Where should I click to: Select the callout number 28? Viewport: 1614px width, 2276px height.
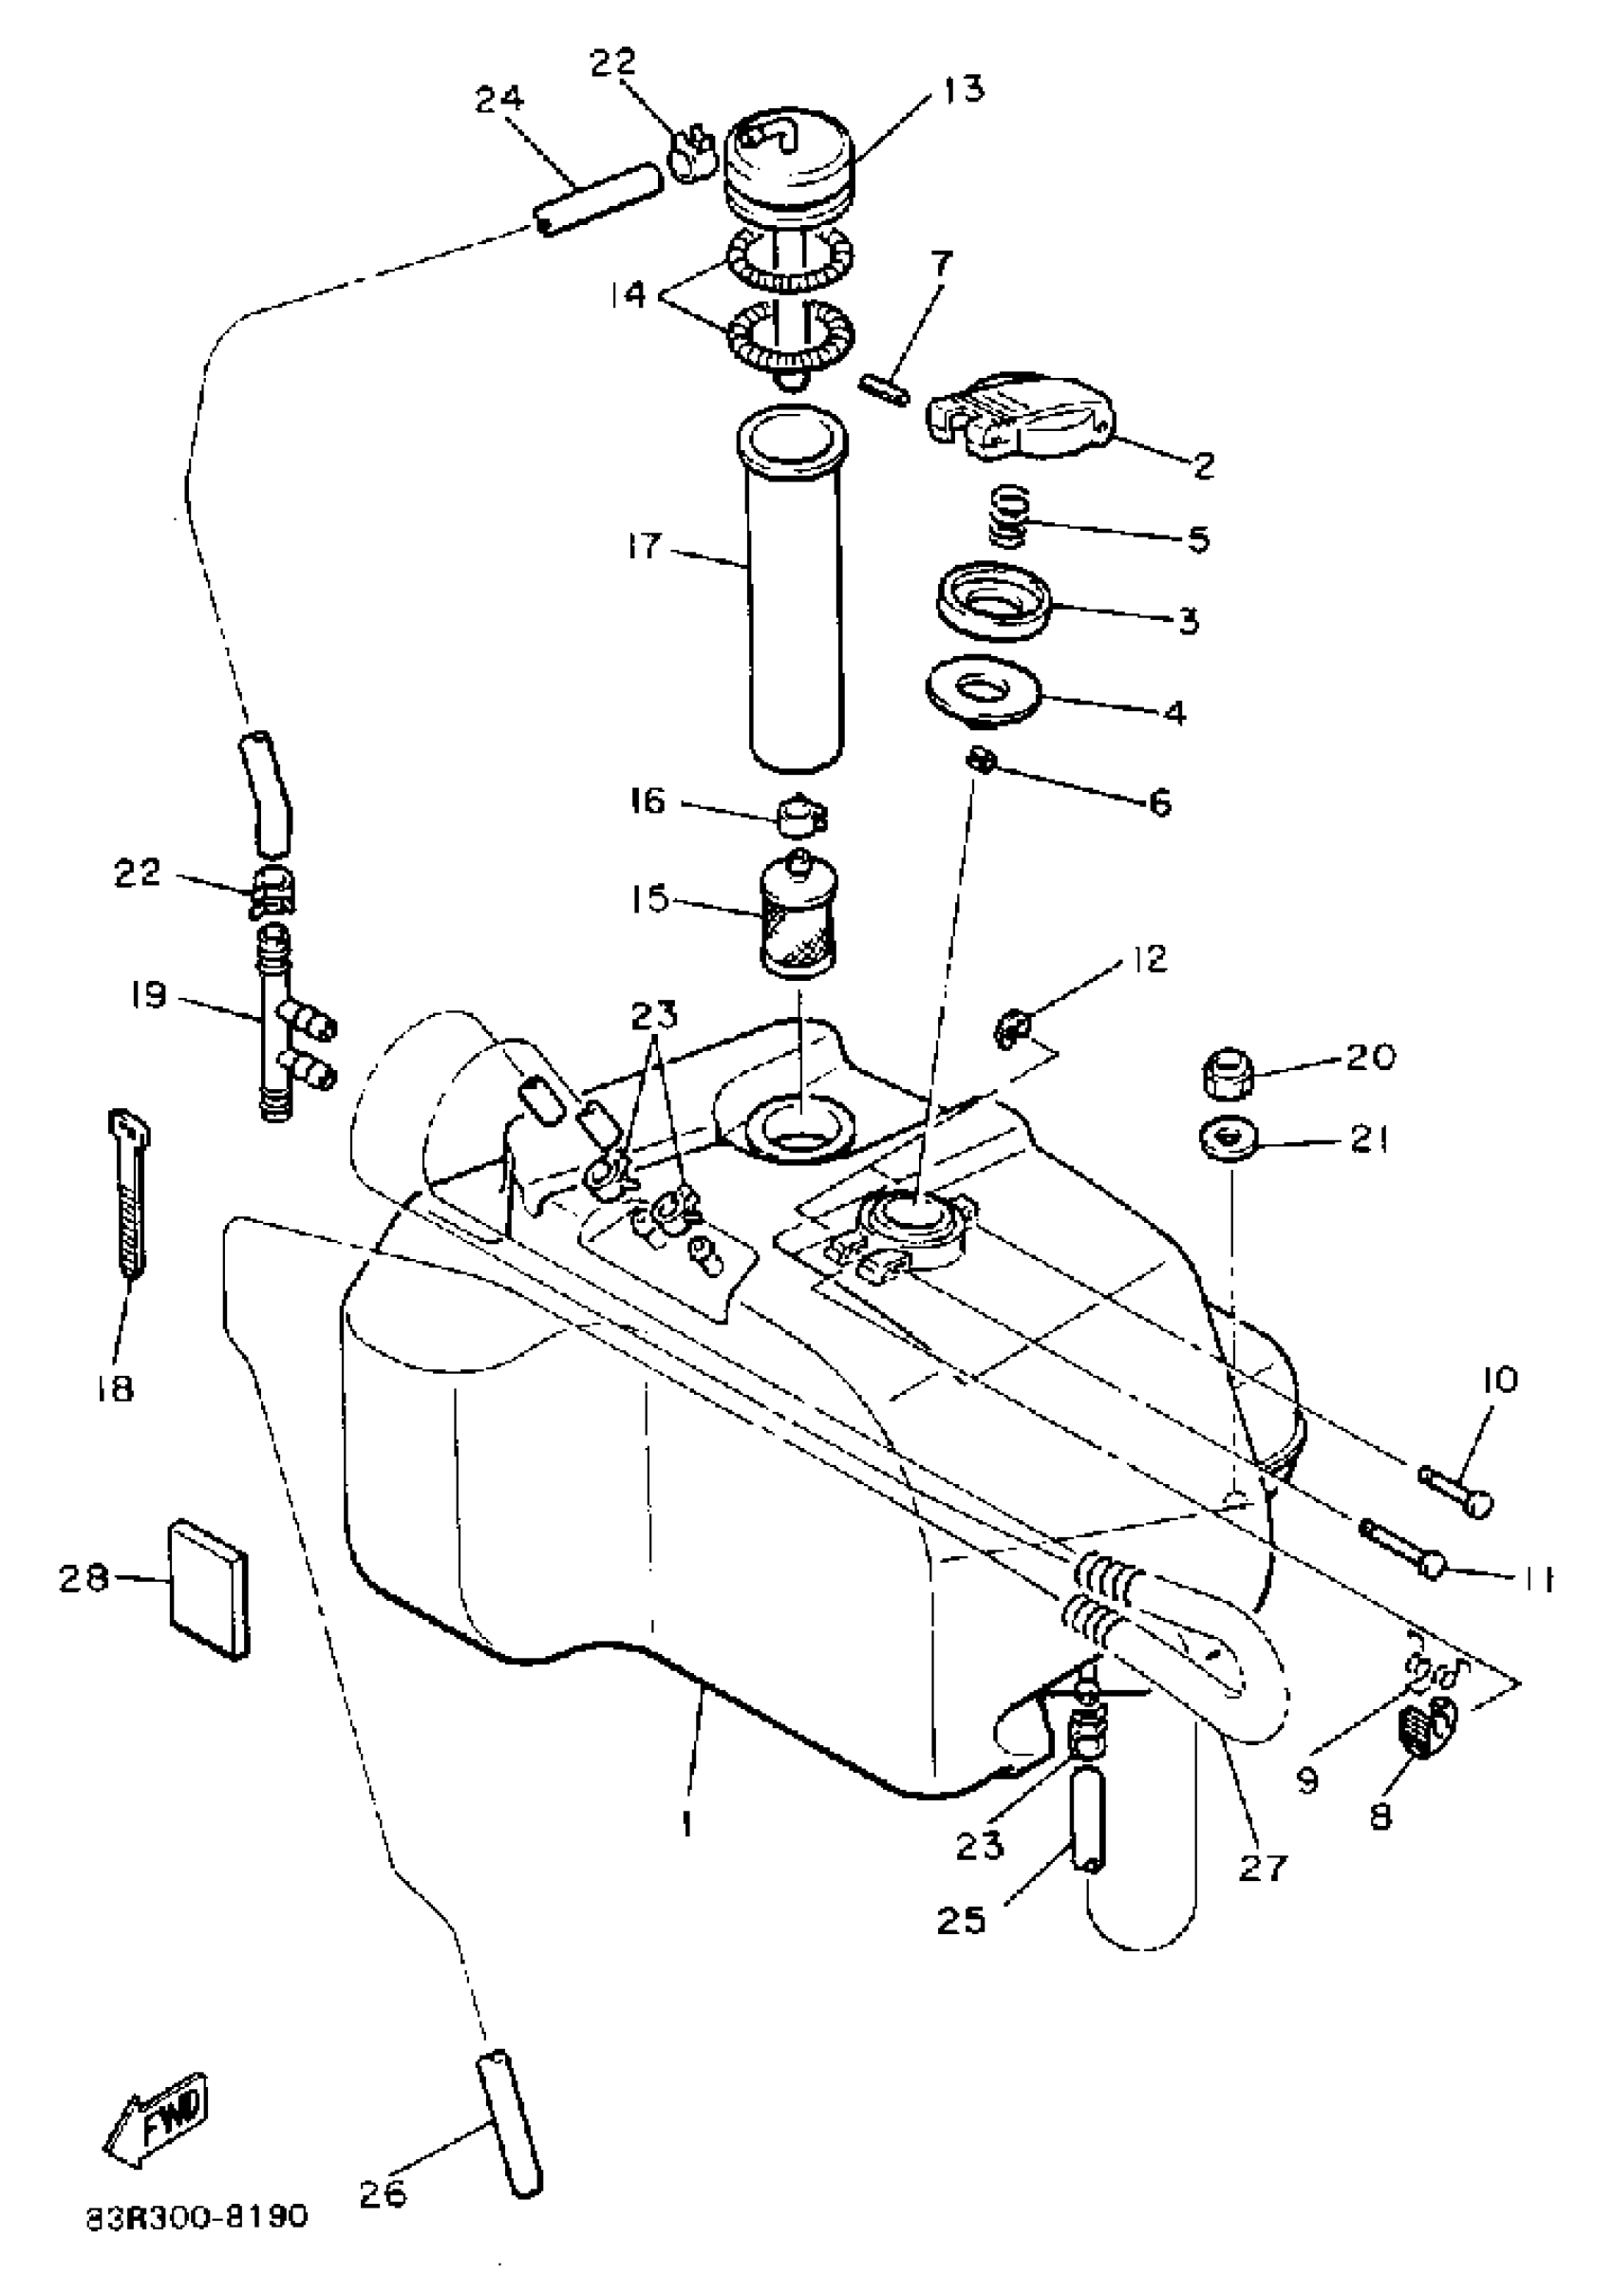click(83, 1577)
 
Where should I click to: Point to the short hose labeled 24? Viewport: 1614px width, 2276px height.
click(597, 198)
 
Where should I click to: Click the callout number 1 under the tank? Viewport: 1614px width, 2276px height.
click(686, 1825)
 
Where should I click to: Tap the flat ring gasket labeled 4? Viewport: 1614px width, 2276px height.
click(982, 686)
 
